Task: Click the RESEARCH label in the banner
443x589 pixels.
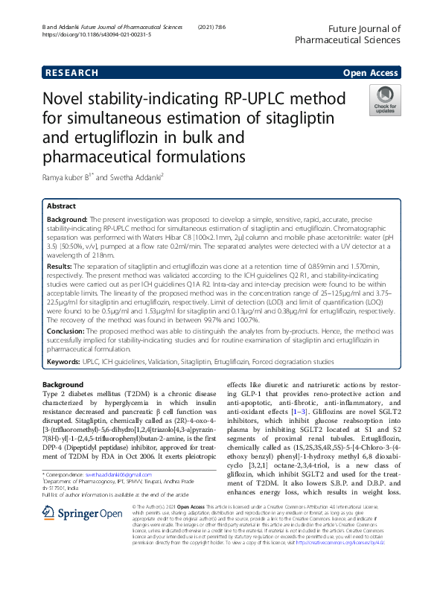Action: (x=71, y=73)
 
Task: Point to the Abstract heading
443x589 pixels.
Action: (x=61, y=206)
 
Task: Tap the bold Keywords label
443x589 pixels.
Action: (x=63, y=361)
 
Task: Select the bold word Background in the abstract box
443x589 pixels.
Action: (x=67, y=221)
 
